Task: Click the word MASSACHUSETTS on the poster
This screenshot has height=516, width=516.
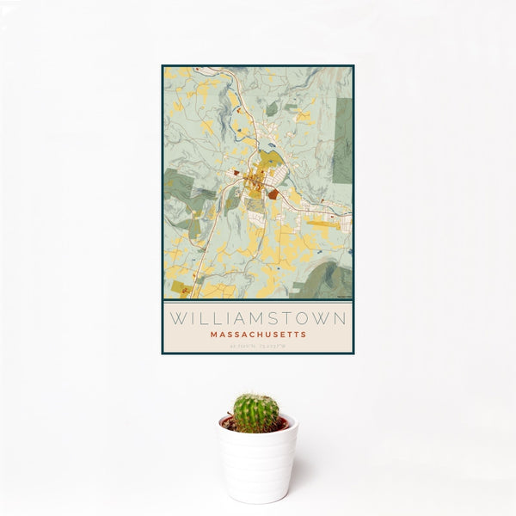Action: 257,334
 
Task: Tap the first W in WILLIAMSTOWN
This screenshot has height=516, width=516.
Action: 175,318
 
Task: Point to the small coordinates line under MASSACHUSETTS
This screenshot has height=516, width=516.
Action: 257,346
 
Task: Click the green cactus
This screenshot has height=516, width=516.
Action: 256,413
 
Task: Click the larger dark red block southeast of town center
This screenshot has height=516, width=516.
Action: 273,195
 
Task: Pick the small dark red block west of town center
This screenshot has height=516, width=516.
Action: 235,172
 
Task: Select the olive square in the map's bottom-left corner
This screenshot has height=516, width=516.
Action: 178,286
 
